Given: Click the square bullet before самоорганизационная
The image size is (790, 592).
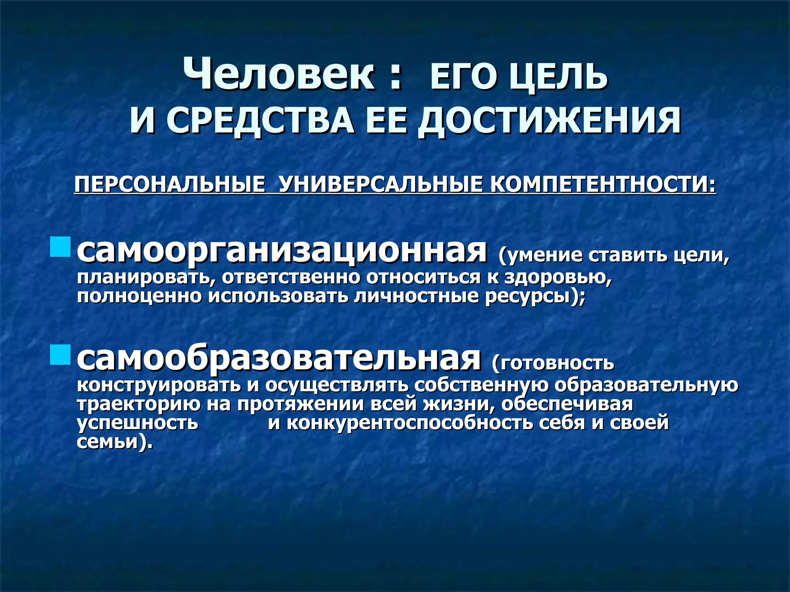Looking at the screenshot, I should coord(61,247).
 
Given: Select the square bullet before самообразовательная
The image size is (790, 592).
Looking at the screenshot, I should coord(61,355).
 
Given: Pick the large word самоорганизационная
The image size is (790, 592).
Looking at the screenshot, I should coord(282,251).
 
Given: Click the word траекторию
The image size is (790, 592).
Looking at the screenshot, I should coord(138,404).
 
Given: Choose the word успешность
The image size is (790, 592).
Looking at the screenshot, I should coord(137,423).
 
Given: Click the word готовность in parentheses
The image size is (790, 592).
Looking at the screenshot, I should coord(555,363).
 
